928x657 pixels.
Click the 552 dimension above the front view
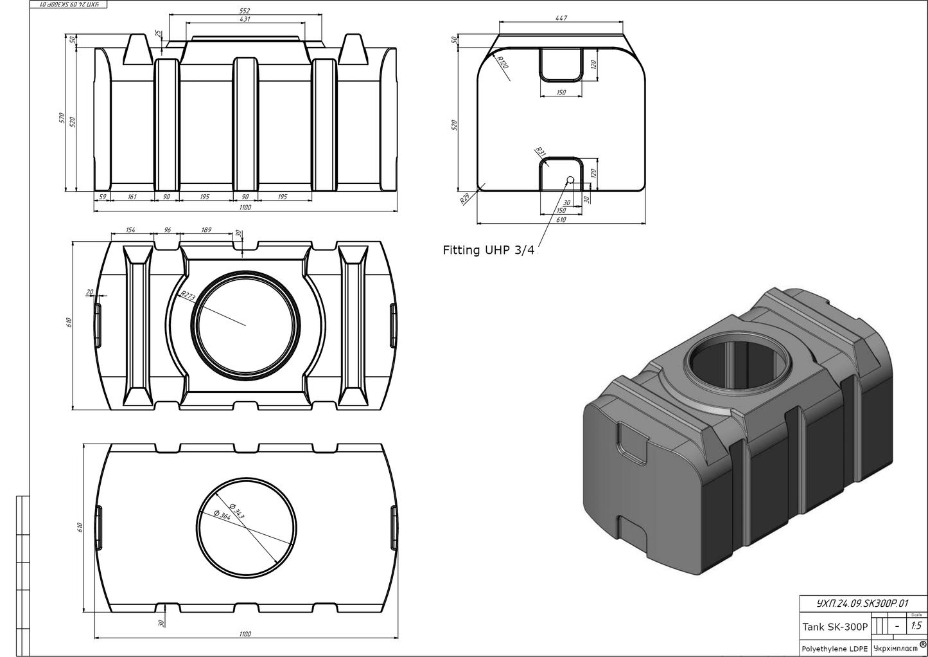point(244,11)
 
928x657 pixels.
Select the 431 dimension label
point(244,19)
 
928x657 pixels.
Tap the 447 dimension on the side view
point(561,19)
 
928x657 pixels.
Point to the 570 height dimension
point(62,118)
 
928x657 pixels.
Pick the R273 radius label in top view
point(187,296)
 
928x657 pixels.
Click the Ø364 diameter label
point(222,514)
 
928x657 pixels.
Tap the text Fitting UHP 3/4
point(488,250)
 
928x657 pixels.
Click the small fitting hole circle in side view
point(569,180)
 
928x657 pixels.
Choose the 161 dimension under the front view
point(132,197)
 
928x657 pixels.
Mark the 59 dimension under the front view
point(101,197)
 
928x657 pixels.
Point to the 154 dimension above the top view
point(130,230)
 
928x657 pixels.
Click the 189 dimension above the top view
point(206,230)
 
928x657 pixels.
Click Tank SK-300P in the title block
point(835,627)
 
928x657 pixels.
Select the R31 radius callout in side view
point(539,153)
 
